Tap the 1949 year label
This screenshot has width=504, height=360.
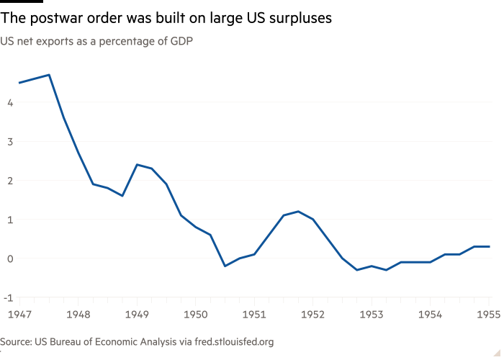click(x=137, y=315)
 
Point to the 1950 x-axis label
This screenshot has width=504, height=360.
click(x=195, y=315)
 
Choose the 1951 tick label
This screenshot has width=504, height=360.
click(x=254, y=315)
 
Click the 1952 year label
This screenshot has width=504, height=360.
click(x=312, y=315)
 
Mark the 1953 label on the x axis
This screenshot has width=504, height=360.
click(x=372, y=315)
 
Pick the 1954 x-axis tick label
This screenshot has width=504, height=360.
click(x=430, y=315)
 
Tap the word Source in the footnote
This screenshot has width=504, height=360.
click(x=16, y=341)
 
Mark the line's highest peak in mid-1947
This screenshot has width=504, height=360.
click(x=48, y=75)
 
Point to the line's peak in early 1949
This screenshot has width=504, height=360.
click(x=137, y=165)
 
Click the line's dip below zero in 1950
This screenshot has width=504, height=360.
click(x=225, y=266)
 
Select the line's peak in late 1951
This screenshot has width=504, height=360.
click(x=298, y=212)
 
